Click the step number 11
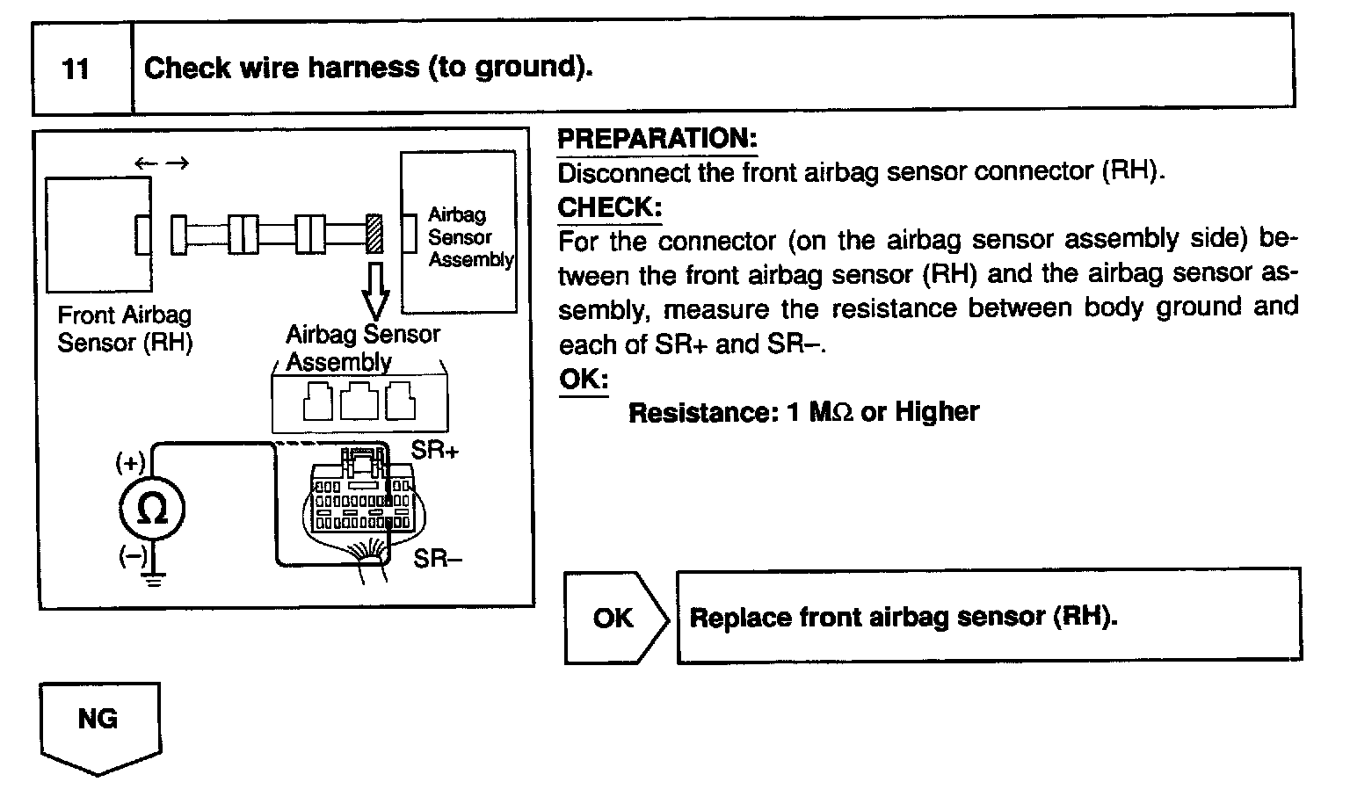click(77, 69)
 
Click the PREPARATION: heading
click(657, 139)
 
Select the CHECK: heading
click(609, 207)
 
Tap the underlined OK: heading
click(584, 380)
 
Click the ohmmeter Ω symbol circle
click(153, 510)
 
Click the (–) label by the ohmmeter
click(132, 556)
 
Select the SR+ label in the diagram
click(435, 450)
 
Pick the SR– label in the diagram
click(437, 558)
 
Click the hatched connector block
click(374, 235)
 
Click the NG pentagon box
click(98, 726)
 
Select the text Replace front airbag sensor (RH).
click(903, 617)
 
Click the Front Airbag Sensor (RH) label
click(124, 329)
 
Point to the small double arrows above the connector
click(162, 163)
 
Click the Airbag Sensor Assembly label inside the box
click(470, 237)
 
